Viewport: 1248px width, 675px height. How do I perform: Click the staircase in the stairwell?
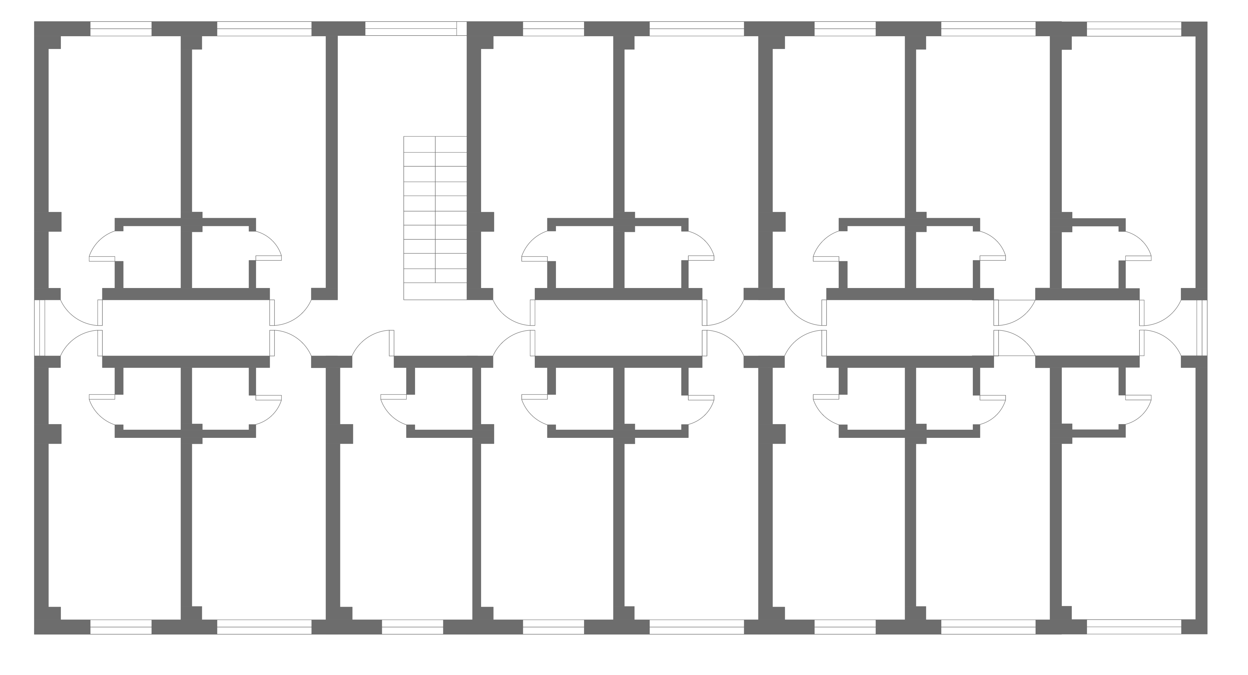tap(435, 218)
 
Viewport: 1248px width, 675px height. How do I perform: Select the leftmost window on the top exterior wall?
tap(121, 29)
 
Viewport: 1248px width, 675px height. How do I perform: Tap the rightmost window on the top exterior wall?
tap(1134, 29)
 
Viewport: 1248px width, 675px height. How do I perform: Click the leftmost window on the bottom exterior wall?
tap(121, 627)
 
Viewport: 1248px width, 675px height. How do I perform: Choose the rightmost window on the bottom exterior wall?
tap(1134, 627)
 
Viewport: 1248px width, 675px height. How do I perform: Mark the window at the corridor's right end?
tap(1202, 328)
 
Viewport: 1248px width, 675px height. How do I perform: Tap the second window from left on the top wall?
tap(264, 29)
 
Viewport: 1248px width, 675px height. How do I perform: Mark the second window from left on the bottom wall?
tap(264, 627)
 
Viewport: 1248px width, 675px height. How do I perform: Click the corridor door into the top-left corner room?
tap(80, 313)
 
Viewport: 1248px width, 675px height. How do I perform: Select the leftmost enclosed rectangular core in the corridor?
tap(186, 328)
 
